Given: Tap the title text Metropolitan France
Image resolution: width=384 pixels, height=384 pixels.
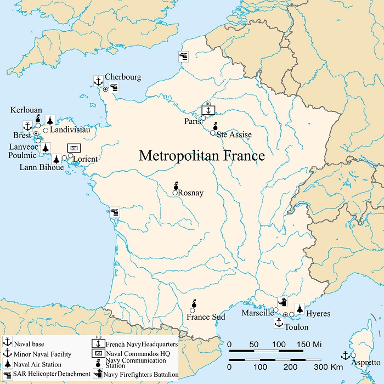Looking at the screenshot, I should [202, 156].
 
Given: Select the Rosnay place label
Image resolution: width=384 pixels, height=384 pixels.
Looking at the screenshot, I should [191, 193].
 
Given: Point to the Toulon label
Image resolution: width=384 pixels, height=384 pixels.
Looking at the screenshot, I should [296, 327].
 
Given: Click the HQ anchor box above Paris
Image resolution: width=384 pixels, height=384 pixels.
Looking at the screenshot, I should [208, 110].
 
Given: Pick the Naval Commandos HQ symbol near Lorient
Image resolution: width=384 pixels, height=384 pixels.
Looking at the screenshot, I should [74, 148].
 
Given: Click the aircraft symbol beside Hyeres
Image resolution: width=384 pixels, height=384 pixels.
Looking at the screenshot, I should [300, 308].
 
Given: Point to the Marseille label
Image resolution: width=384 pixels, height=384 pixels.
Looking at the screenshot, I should [257, 314].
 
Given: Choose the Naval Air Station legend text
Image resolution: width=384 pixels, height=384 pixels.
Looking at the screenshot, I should [38, 364].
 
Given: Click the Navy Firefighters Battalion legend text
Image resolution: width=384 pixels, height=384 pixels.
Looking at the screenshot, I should [142, 374].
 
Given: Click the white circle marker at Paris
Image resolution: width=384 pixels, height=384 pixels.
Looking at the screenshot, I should [203, 118].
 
